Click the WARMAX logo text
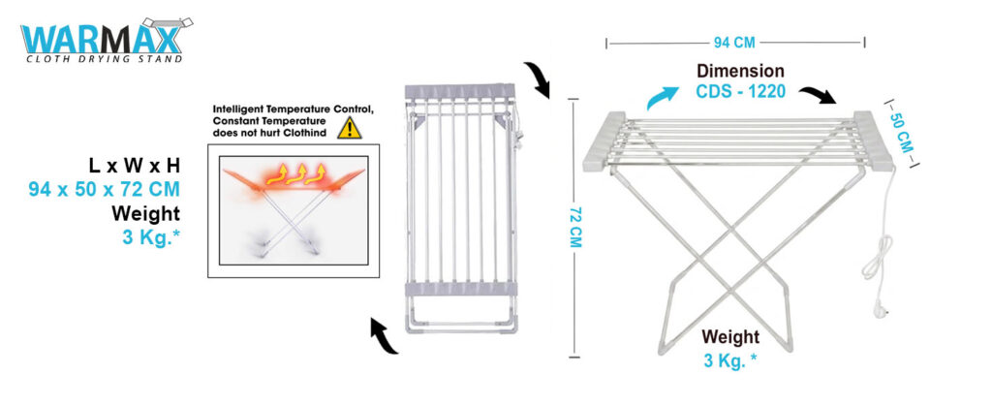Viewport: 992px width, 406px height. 101,39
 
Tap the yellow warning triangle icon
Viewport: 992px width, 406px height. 349,128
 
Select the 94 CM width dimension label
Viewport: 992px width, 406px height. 734,43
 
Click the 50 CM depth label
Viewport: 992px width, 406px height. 901,132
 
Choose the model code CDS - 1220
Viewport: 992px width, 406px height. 741,92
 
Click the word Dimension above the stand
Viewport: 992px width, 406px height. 740,71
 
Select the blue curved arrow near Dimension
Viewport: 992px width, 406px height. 663,98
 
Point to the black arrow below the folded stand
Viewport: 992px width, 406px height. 383,336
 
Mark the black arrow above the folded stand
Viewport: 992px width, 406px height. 537,79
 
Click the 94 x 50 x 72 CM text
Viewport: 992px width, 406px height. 105,188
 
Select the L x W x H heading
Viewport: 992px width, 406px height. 134,166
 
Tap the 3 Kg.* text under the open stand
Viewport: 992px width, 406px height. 730,360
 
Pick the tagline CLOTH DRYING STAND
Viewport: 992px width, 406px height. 105,59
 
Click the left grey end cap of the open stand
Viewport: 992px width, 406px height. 604,142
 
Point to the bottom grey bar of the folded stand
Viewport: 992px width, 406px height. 460,290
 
